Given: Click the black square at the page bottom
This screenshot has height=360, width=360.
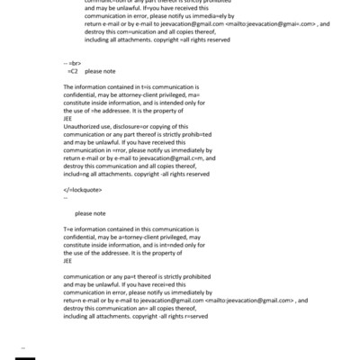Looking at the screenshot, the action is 26,355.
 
